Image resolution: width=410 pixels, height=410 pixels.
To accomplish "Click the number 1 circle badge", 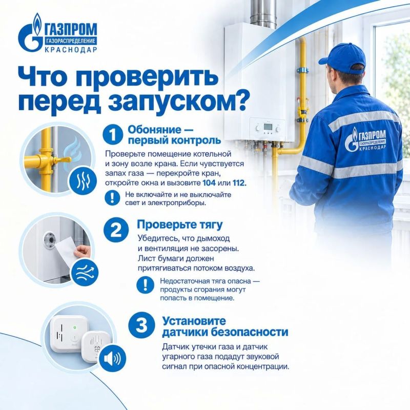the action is [113, 134].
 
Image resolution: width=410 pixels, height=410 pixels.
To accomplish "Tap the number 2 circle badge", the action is [116, 230].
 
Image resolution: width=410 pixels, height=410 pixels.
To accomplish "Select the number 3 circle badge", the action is [142, 326].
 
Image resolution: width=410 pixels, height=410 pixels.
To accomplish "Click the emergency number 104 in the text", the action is [209, 182].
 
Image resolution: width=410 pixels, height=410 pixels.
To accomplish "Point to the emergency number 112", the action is [239, 182].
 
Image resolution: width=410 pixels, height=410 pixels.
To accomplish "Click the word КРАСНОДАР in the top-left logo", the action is [71, 50].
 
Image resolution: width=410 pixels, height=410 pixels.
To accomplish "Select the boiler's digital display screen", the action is [268, 127].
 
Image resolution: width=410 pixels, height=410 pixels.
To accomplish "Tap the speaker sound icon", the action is [112, 358].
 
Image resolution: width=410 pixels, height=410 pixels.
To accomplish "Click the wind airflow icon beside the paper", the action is [85, 273].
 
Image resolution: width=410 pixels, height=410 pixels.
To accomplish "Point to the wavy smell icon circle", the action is [83, 181].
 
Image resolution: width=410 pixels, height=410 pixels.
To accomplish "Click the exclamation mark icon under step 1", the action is [112, 197].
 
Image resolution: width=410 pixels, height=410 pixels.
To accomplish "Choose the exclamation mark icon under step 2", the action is [145, 285].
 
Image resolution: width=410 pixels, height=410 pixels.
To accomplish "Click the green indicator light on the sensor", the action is [75, 327].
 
